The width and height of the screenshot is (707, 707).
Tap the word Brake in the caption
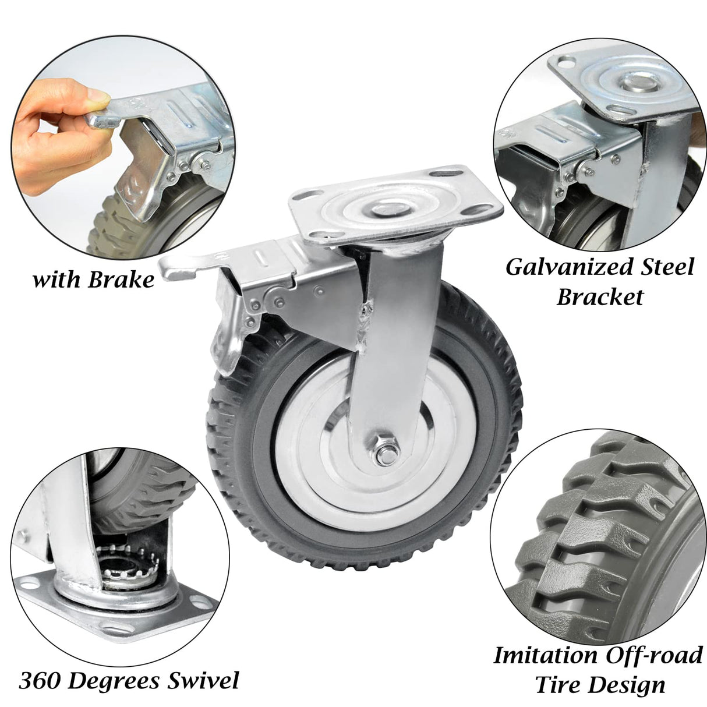121,280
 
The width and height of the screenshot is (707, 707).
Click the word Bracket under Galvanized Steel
600,297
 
